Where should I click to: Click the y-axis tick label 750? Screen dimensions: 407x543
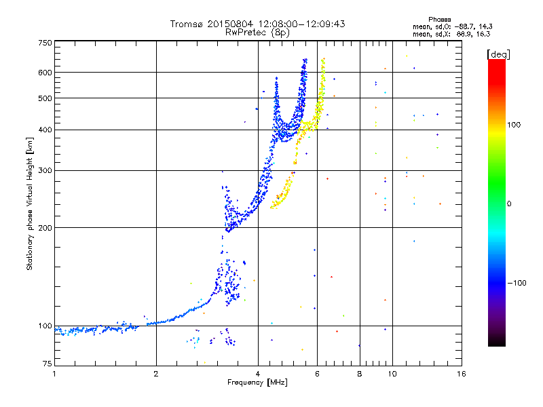[x=45, y=42]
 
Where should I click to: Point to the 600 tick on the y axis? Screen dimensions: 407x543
[x=45, y=72]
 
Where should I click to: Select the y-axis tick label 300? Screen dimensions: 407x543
[x=45, y=170]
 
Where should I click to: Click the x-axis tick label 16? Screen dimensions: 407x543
[x=461, y=374]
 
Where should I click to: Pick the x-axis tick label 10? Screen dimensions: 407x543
[x=392, y=374]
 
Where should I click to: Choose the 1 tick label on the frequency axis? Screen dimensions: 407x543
[x=55, y=374]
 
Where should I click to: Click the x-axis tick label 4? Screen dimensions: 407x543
[x=258, y=374]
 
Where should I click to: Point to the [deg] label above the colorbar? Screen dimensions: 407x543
[x=499, y=54]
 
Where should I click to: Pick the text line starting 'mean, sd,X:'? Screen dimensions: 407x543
[x=451, y=33]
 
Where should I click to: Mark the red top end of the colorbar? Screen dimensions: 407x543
[x=496, y=62]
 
